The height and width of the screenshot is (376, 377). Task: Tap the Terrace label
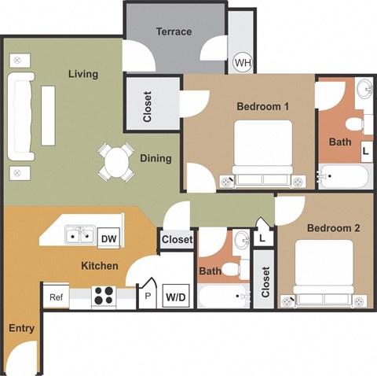coord(174,31)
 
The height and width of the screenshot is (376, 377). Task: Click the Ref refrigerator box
coord(56,297)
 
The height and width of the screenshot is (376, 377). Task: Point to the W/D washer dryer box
coord(176,297)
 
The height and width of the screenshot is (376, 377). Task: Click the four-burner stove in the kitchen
coord(103,297)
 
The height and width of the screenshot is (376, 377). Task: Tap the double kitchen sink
coord(79,234)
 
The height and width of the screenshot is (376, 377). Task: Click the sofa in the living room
coord(20,116)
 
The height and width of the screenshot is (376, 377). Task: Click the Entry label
coord(21,328)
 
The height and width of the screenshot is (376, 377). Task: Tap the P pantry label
coord(146,297)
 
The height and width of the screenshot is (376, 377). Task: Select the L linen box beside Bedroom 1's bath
coord(365,150)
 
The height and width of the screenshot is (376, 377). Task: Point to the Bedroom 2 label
coord(333,228)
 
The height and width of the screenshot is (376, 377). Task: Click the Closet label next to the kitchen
coord(177,240)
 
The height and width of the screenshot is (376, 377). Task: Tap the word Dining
coord(156,158)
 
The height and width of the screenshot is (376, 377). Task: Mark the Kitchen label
coord(100,266)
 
